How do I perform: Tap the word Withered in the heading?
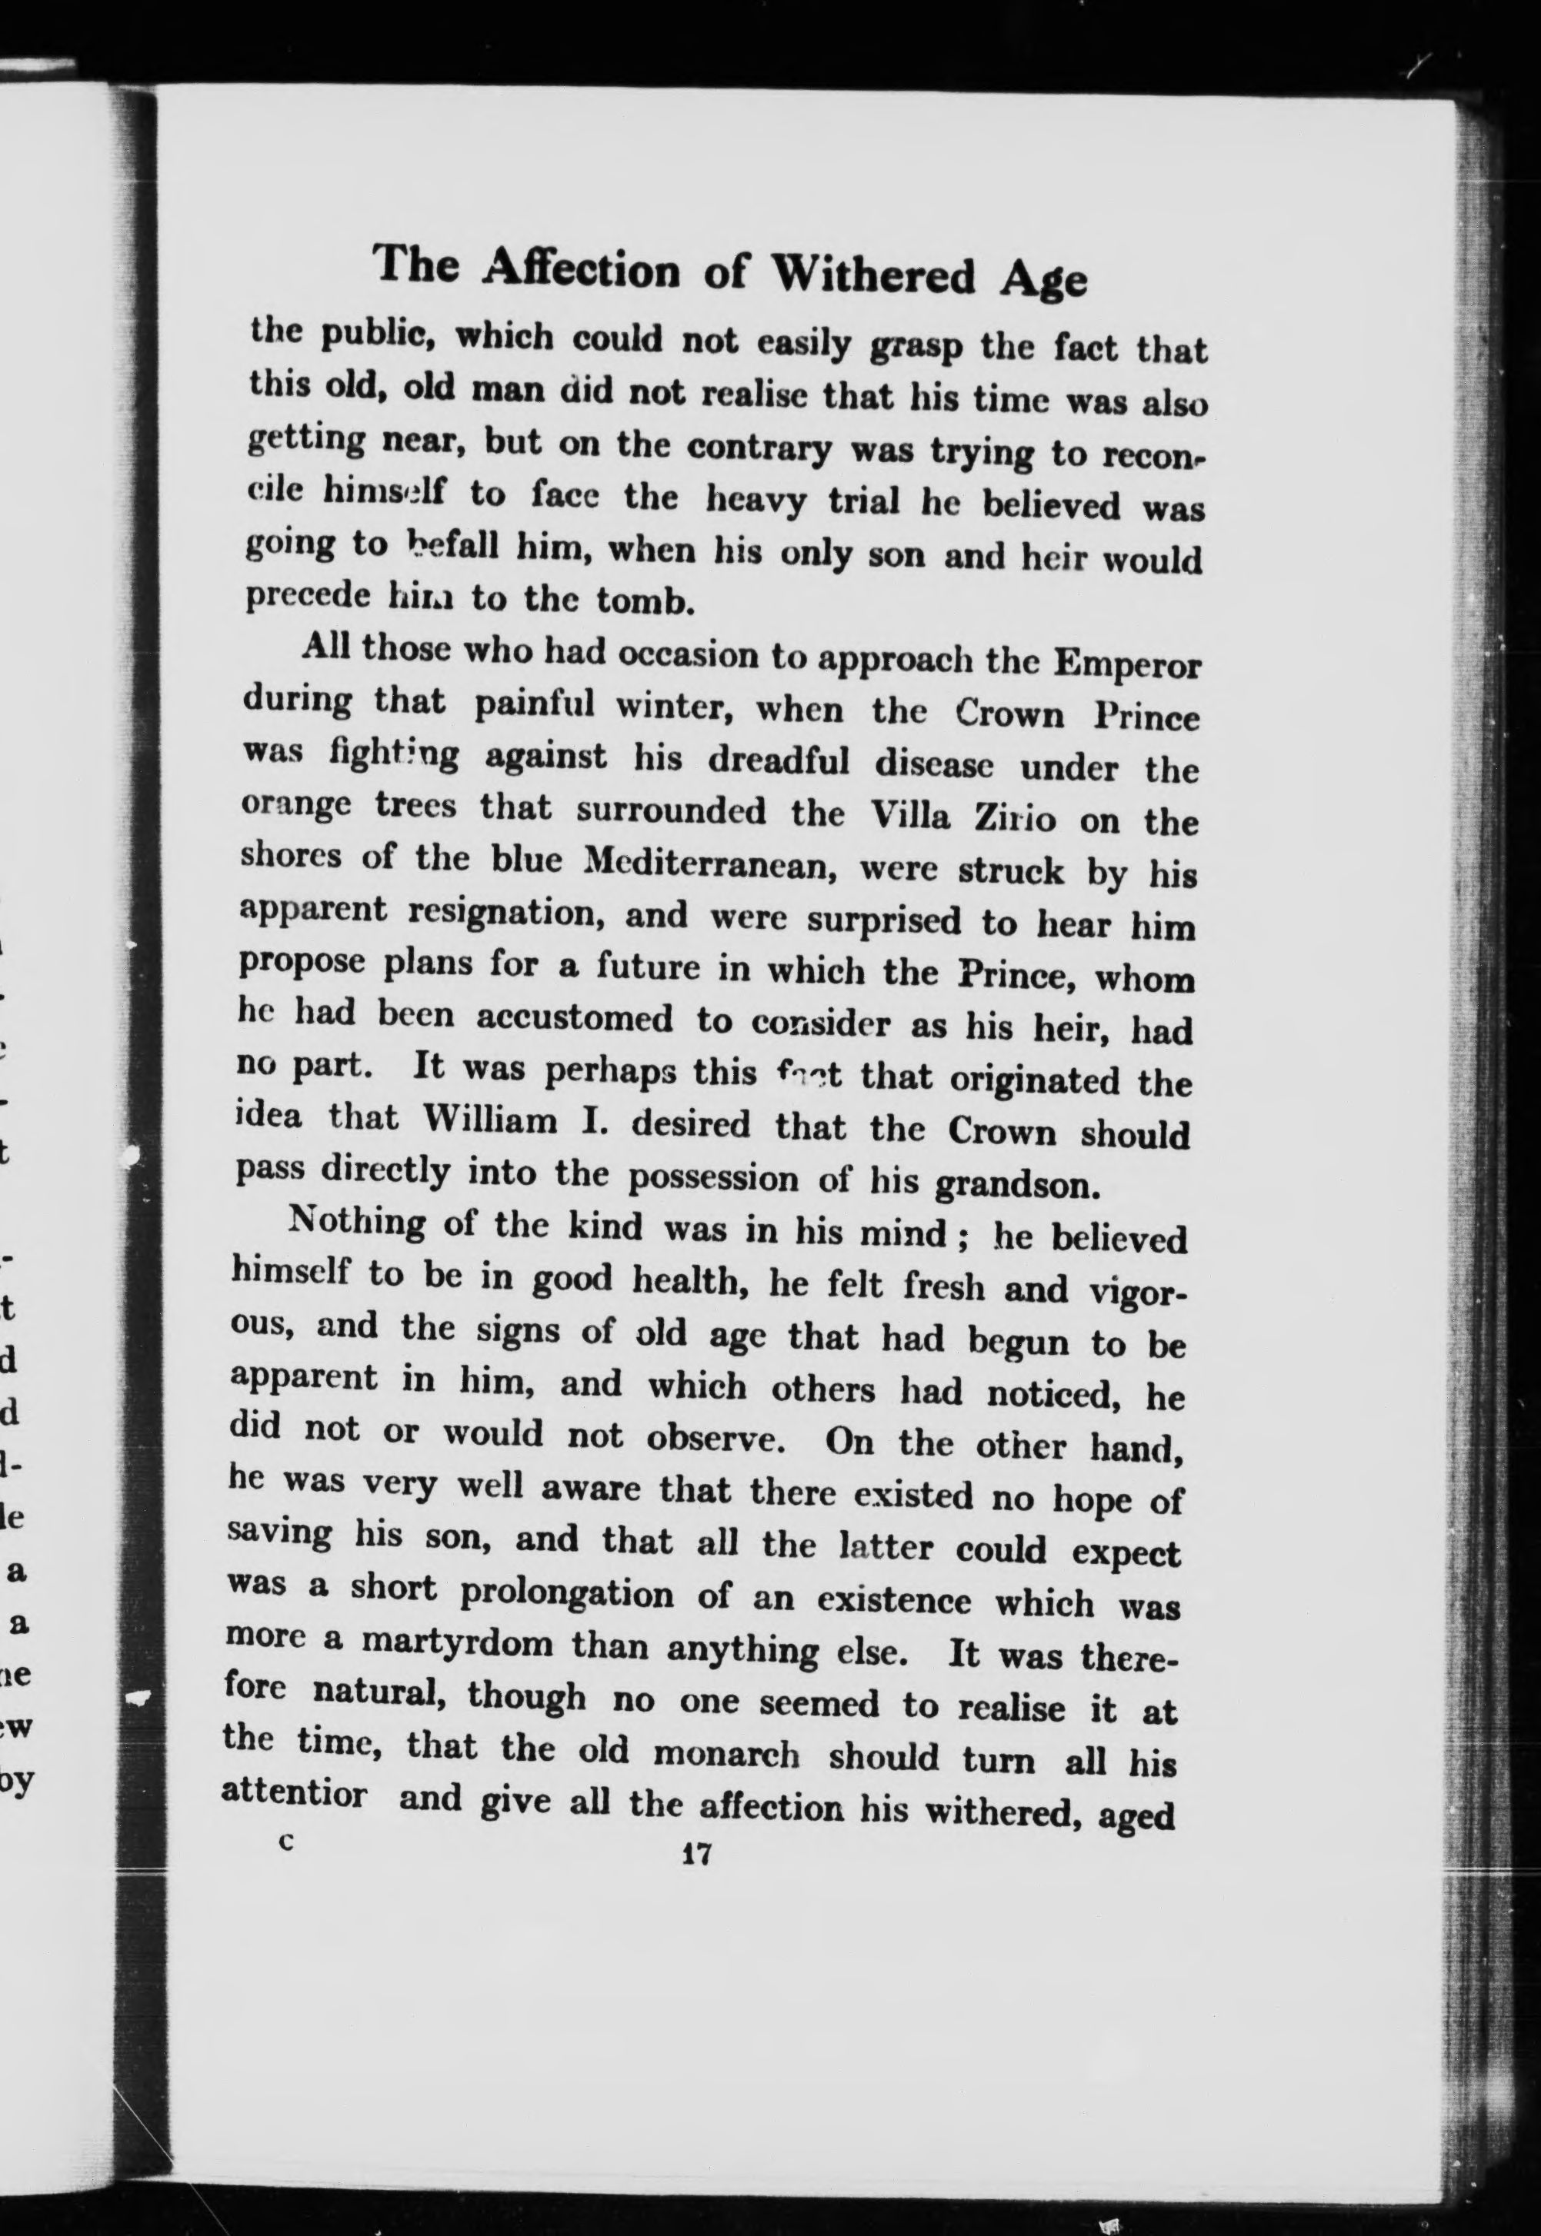pos(875,276)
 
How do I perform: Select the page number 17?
pos(695,1853)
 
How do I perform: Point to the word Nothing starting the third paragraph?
pos(356,1222)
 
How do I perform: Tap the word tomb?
pos(644,601)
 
